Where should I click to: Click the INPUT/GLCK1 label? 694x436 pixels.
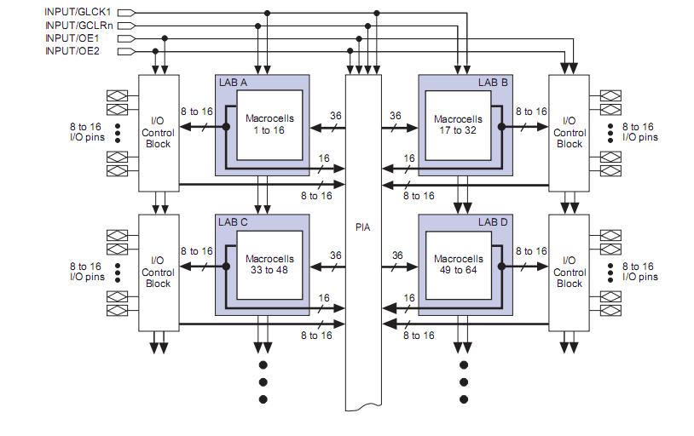click(x=78, y=13)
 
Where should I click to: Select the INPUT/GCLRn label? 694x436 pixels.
click(x=78, y=26)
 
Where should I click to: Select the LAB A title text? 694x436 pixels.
click(x=233, y=83)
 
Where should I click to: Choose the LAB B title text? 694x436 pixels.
click(x=493, y=83)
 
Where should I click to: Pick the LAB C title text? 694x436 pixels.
click(x=233, y=222)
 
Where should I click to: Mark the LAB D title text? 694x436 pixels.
click(x=493, y=222)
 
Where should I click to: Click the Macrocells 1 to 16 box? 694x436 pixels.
click(x=269, y=125)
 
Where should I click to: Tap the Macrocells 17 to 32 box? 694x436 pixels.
click(x=458, y=125)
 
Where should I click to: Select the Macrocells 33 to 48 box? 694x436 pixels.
click(x=269, y=265)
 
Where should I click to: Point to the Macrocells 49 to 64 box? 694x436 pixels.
click(x=458, y=265)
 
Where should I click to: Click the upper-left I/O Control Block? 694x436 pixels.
click(x=159, y=132)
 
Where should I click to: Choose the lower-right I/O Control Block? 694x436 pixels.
click(x=570, y=272)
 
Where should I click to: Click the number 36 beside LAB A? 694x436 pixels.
click(x=335, y=115)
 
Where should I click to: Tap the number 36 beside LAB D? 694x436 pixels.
click(x=396, y=255)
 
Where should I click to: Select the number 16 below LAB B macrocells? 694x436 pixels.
click(x=409, y=158)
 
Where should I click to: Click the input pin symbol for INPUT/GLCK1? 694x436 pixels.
click(x=125, y=13)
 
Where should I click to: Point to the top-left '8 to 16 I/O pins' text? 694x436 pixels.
click(x=87, y=131)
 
